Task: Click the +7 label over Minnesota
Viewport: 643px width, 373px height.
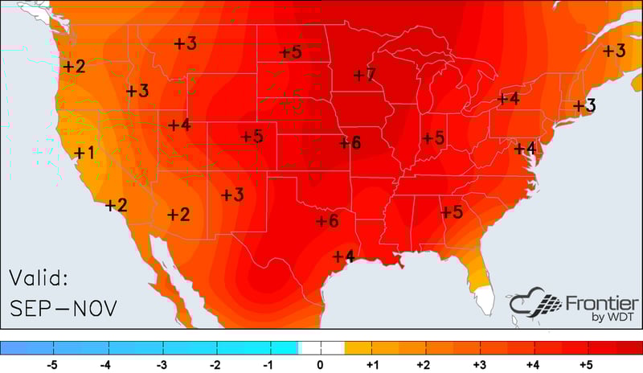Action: tap(364, 75)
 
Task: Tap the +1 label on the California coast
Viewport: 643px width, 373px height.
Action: tap(84, 152)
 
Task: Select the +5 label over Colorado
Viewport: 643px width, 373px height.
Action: tap(252, 136)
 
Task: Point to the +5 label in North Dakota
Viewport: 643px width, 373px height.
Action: tap(290, 52)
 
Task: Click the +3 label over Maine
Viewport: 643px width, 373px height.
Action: tap(614, 50)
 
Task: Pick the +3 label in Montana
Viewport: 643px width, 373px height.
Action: tap(185, 43)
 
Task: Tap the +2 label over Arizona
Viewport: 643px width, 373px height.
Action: tap(178, 214)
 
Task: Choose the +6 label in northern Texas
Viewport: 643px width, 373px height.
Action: tap(327, 220)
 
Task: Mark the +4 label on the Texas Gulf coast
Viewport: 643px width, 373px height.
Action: tap(343, 256)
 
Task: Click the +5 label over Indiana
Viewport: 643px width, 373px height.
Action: tap(434, 137)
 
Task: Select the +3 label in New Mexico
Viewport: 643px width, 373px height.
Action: tap(233, 195)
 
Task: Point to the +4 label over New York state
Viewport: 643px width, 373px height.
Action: tap(508, 99)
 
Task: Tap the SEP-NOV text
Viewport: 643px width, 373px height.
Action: tap(63, 307)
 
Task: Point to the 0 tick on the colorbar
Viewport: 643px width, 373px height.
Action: tap(321, 364)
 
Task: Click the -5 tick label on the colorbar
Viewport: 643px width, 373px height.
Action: tap(52, 364)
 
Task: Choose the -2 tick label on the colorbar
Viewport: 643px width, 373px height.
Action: tap(214, 364)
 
